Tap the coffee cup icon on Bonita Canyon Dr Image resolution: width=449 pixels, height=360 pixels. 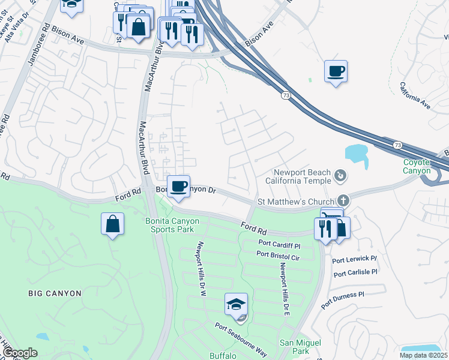[x=178, y=186]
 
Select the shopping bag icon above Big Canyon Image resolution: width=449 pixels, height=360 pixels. [x=112, y=224]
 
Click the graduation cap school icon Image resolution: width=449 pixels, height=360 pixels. [x=236, y=304]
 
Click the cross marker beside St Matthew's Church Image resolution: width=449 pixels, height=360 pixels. [x=343, y=201]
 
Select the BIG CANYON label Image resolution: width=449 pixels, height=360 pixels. [x=55, y=293]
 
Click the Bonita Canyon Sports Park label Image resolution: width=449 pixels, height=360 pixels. [x=172, y=226]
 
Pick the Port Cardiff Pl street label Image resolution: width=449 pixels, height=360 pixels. [x=279, y=244]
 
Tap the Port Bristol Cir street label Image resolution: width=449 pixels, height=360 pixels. [x=277, y=255]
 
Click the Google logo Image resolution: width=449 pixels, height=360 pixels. [x=20, y=353]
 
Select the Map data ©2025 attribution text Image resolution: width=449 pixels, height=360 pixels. [x=423, y=355]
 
